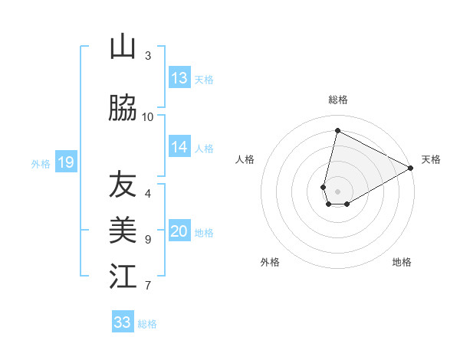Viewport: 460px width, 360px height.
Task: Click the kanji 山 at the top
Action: (123, 47)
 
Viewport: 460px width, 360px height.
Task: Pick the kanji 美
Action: (123, 229)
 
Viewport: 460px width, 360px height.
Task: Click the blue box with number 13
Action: (179, 78)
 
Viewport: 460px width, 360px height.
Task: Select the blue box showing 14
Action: (179, 147)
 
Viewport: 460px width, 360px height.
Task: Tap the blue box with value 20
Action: (179, 232)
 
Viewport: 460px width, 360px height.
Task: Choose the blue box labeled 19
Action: (65, 162)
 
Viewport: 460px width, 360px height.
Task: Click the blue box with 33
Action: (123, 322)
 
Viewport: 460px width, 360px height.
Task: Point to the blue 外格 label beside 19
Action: (41, 163)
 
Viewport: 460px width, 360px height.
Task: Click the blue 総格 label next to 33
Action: (147, 324)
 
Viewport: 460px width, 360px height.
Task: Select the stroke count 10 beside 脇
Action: (148, 116)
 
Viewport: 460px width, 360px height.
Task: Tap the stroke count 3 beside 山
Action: (148, 55)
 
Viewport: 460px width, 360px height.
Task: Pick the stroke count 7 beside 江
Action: (148, 286)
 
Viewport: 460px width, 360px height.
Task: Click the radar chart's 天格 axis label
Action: (431, 159)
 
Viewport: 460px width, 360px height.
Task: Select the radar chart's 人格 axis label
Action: (245, 159)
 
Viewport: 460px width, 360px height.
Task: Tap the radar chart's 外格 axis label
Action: (270, 262)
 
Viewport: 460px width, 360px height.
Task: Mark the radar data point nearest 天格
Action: (411, 168)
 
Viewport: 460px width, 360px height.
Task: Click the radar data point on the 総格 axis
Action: (337, 129)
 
